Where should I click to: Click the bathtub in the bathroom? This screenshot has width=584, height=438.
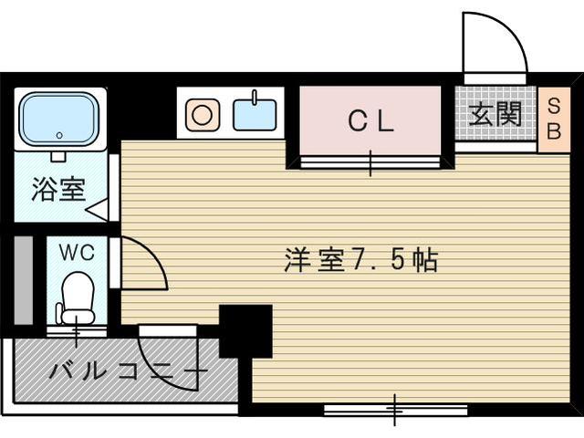59,118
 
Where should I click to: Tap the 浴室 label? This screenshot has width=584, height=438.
59,190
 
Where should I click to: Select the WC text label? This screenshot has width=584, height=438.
77,252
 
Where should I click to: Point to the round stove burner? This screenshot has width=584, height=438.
203,114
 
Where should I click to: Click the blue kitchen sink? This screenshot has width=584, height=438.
255,114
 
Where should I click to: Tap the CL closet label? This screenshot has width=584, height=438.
370,121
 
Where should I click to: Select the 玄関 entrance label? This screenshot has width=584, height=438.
495,114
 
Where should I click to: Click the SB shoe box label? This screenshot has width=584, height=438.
553,117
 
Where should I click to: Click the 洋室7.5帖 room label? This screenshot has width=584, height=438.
360,261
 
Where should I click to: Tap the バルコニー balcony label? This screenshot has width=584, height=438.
128,371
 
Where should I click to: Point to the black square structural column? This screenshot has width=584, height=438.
245,330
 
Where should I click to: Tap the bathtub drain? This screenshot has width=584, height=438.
59,135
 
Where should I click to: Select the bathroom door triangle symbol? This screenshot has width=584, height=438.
98,209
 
